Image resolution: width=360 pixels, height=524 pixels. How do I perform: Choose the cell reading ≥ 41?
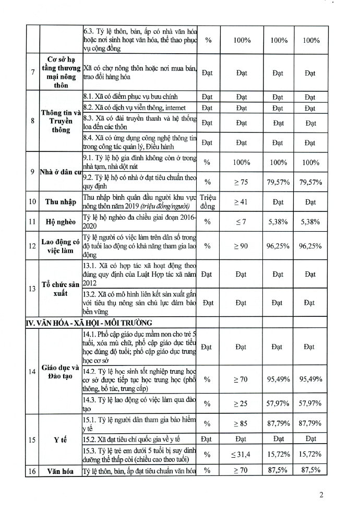coord(241,201)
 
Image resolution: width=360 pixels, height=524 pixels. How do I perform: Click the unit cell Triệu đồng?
coord(207,201)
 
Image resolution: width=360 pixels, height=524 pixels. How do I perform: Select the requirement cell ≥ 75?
coord(241,182)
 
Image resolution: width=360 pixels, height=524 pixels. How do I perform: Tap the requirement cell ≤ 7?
coord(241,221)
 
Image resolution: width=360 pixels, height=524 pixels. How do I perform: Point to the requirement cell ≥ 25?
coord(241,403)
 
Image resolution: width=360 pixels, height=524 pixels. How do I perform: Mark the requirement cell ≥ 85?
coord(241,423)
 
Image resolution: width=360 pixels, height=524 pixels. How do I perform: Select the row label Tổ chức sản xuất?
coord(62,288)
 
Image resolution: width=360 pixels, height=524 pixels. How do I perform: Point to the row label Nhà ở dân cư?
coord(62,172)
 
